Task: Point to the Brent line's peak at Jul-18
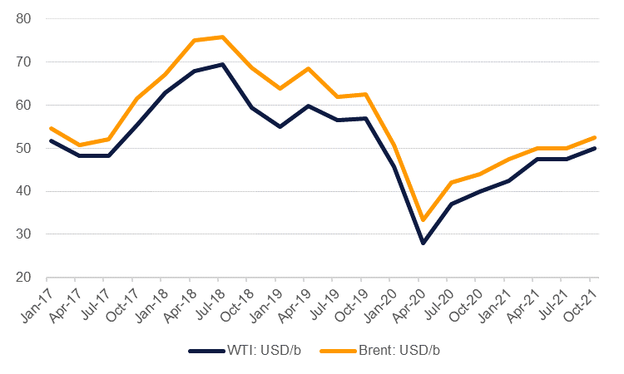221,37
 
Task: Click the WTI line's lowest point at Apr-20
423,244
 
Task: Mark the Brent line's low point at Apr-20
423,220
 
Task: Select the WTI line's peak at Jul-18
221,64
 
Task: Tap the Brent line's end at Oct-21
595,137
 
